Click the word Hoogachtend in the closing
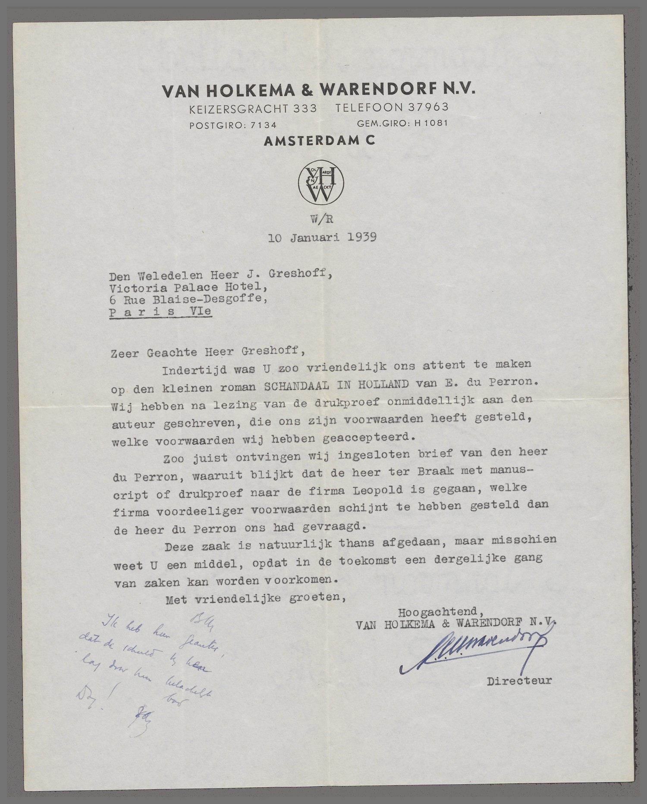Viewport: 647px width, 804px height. click(437, 612)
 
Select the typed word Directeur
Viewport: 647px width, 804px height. click(519, 681)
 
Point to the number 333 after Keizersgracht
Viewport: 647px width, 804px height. click(305, 108)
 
